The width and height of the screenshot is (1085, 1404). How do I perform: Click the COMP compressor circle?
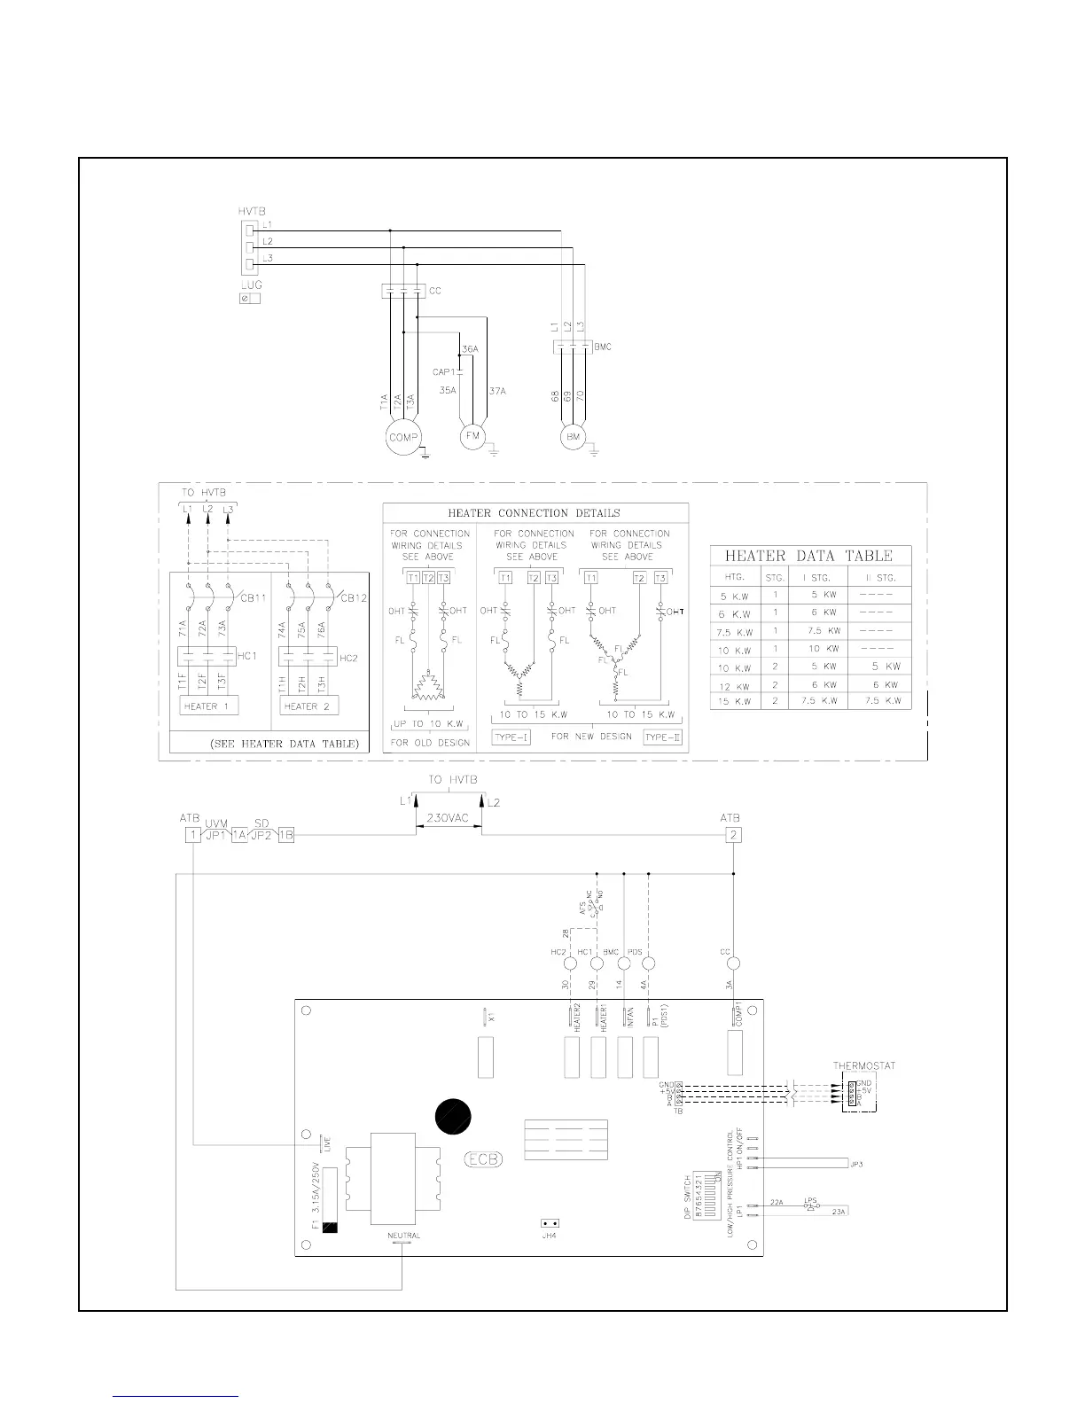point(402,436)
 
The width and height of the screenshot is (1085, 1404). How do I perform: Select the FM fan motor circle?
point(472,436)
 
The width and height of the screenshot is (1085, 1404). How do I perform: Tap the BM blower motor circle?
point(573,437)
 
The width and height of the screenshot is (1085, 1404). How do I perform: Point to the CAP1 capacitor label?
point(443,372)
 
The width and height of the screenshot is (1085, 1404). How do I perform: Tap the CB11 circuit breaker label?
point(254,598)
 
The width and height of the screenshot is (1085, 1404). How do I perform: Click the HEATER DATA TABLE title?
point(808,557)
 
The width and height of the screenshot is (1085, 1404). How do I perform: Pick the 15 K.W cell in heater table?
point(736,701)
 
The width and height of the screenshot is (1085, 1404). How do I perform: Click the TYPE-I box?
point(511,737)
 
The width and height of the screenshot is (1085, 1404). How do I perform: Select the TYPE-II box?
point(662,737)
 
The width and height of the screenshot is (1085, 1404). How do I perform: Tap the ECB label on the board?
point(484,1159)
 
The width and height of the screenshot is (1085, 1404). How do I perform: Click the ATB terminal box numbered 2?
point(733,835)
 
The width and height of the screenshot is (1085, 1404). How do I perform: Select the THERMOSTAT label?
point(864,1066)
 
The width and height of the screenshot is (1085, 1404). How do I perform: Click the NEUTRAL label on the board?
point(403,1236)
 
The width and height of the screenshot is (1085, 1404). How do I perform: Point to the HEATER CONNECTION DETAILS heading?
point(534,513)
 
